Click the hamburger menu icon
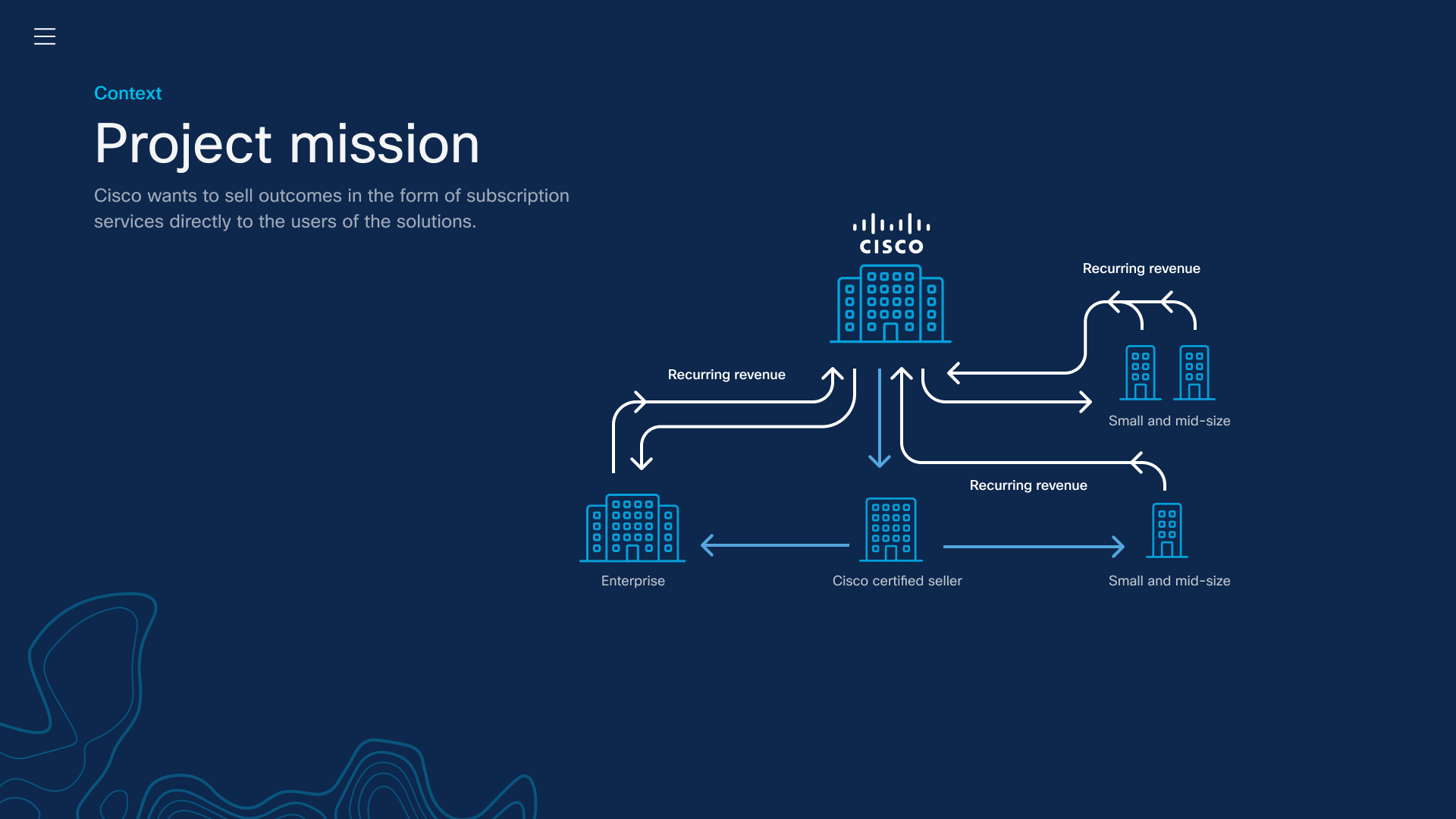45,36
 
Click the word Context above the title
127,93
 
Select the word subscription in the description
517,196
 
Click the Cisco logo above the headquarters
891,234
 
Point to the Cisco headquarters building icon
890,303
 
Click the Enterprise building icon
632,529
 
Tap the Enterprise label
632,581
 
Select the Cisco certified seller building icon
891,530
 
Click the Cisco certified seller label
896,581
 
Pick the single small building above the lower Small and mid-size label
1167,531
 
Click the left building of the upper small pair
1141,372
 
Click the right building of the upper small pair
1194,372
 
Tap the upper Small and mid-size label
1169,421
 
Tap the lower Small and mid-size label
1169,581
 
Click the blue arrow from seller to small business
1033,546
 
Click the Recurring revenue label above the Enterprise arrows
726,375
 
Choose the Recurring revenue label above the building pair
1141,268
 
